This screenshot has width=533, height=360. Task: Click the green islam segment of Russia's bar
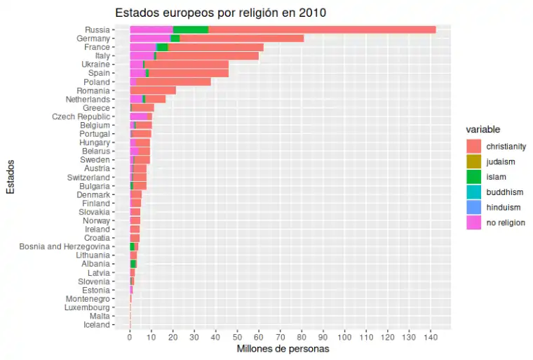[190, 29]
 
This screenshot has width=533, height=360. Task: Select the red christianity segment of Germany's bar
[241, 38]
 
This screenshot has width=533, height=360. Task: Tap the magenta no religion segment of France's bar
[143, 47]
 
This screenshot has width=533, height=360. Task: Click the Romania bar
[153, 91]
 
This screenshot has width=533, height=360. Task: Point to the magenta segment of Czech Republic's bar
[138, 116]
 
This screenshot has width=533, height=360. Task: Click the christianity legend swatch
[474, 147]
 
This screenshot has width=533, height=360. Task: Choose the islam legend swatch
[474, 177]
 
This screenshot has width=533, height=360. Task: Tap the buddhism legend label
[504, 192]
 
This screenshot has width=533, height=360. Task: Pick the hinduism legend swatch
[474, 207]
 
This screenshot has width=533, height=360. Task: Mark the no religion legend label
[505, 222]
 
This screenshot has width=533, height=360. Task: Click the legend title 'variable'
[483, 130]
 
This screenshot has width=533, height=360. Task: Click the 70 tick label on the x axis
[280, 337]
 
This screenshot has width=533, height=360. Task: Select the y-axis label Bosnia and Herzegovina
[65, 247]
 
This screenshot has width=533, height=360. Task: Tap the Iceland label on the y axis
[97, 325]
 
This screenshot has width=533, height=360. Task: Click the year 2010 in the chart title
[311, 12]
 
